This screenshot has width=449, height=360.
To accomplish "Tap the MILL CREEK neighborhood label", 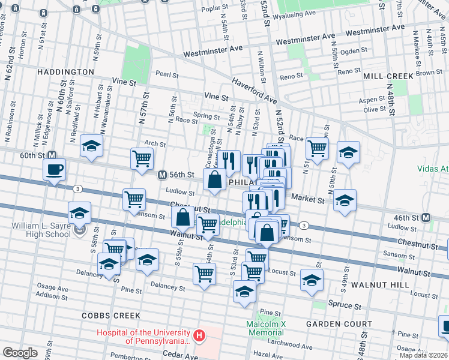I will click(388, 76).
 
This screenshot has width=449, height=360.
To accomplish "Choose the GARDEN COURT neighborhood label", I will click(339, 324).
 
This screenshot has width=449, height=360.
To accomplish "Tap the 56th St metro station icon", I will click(161, 175).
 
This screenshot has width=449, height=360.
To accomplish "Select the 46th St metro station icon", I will click(426, 217).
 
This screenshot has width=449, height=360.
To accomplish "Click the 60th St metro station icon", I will click(52, 155).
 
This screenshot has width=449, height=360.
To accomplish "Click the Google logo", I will click(20, 352).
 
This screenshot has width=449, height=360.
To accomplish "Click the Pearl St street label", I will click(167, 75).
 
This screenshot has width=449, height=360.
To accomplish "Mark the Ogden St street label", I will click(349, 52).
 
